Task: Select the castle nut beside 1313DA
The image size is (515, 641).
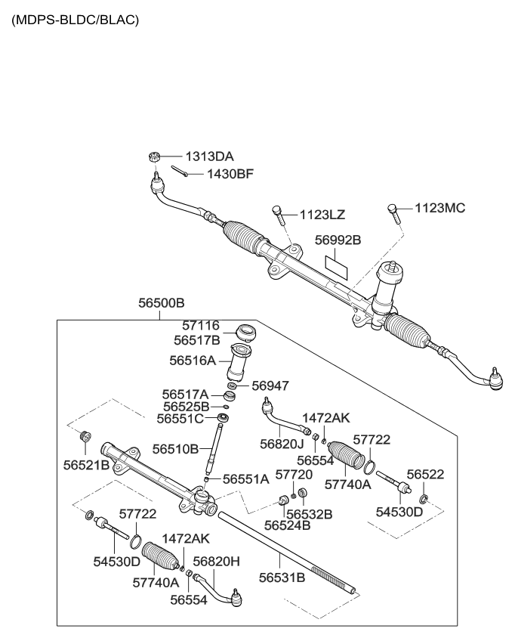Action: pos(152,157)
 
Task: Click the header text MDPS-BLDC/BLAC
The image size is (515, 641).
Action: pos(75,20)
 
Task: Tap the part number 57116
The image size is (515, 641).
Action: pos(196,326)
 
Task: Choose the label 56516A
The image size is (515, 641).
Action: pos(193,361)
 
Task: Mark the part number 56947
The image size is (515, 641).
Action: pos(270,385)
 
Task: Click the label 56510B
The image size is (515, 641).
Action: pos(175,449)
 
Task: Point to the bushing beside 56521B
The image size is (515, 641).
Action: pos(85,437)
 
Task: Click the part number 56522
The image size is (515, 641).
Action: pos(425,474)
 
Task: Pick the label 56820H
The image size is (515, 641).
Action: pos(216,562)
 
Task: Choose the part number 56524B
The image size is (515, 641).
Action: pos(288,525)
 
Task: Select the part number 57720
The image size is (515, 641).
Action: pos(294,474)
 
